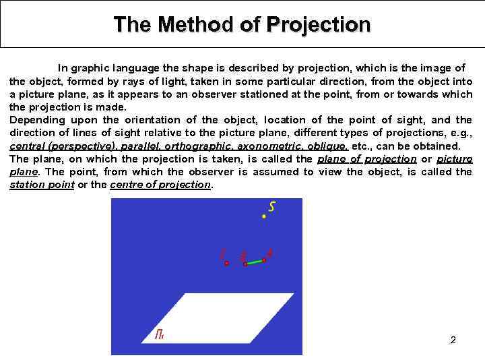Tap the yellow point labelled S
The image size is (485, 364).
(x=264, y=216)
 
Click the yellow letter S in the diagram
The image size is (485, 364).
(x=271, y=206)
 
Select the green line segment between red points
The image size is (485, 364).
(x=255, y=262)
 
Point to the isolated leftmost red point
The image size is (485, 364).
(x=227, y=263)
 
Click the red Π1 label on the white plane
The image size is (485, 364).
(x=160, y=334)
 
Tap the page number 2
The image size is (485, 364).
(x=453, y=340)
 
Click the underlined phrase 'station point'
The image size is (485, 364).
(x=42, y=185)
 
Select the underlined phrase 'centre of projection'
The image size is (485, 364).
(x=161, y=185)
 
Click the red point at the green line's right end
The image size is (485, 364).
(x=265, y=260)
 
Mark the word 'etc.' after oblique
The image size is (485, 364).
(x=364, y=146)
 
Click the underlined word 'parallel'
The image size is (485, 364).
(x=139, y=146)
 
